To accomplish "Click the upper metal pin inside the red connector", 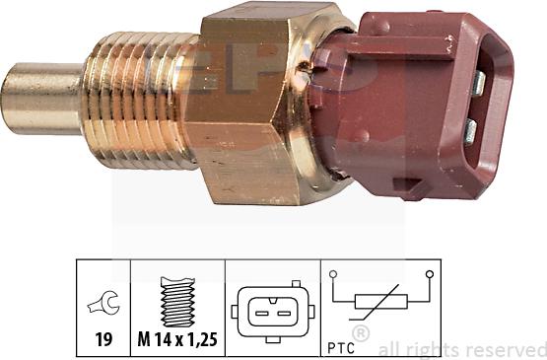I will click(x=477, y=82).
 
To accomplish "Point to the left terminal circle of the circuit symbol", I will click(x=335, y=273).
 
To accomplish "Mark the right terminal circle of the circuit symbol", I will click(x=430, y=273).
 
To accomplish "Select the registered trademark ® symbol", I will click(x=361, y=333).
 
